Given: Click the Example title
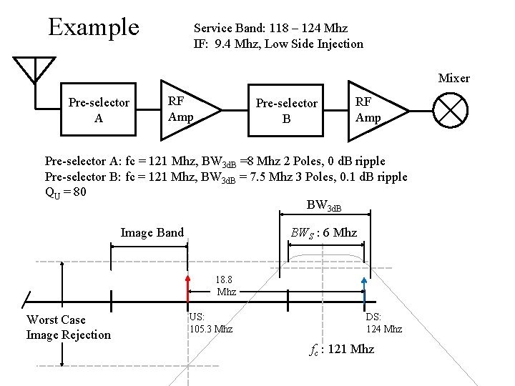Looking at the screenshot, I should (93, 27).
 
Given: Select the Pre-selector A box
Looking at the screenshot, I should (99, 110).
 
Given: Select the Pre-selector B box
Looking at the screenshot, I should (286, 111).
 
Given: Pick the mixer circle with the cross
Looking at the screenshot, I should (451, 111).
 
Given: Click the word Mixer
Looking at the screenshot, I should (453, 78).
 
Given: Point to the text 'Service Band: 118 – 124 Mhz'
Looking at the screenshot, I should (270, 28).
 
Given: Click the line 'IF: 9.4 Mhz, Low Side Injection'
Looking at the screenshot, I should (278, 44).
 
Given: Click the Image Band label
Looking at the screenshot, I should (152, 232).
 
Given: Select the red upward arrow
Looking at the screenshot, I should (188, 286).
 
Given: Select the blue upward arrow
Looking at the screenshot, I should (363, 286).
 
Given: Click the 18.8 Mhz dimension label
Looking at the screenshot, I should (226, 286).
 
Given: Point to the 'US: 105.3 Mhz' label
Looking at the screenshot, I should (211, 323).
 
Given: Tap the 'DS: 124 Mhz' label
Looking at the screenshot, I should (383, 323).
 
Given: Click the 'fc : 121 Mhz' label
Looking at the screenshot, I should (342, 350).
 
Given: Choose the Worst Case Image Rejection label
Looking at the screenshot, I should (69, 327).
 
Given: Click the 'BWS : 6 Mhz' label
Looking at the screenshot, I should (323, 232).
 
